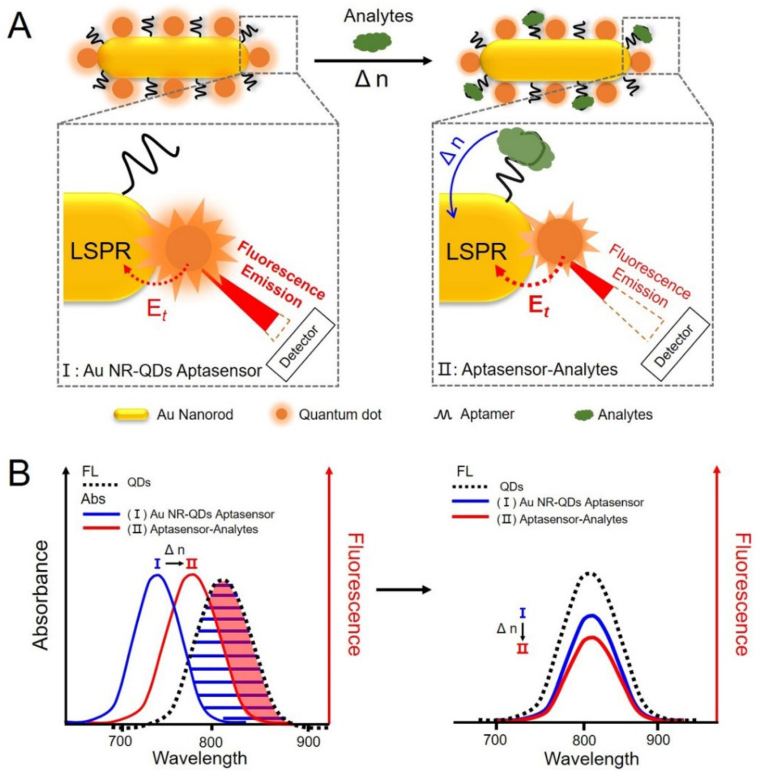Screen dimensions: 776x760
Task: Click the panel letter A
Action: point(20,26)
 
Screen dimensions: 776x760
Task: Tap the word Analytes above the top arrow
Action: point(378,16)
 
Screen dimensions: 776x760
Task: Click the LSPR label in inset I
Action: point(100,251)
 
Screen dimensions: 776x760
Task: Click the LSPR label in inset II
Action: point(476,251)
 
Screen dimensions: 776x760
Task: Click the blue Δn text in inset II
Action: point(454,149)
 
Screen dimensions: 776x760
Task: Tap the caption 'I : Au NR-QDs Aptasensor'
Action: point(162,370)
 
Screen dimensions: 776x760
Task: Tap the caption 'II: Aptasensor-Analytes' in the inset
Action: point(528,369)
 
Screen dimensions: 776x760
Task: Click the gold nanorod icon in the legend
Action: point(131,415)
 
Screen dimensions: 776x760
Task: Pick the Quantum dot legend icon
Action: point(281,415)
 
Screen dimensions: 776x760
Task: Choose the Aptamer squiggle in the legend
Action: point(443,415)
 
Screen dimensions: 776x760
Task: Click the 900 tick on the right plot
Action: point(658,740)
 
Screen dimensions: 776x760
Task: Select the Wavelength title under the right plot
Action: point(591,759)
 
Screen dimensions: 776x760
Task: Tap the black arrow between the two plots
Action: point(403,589)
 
